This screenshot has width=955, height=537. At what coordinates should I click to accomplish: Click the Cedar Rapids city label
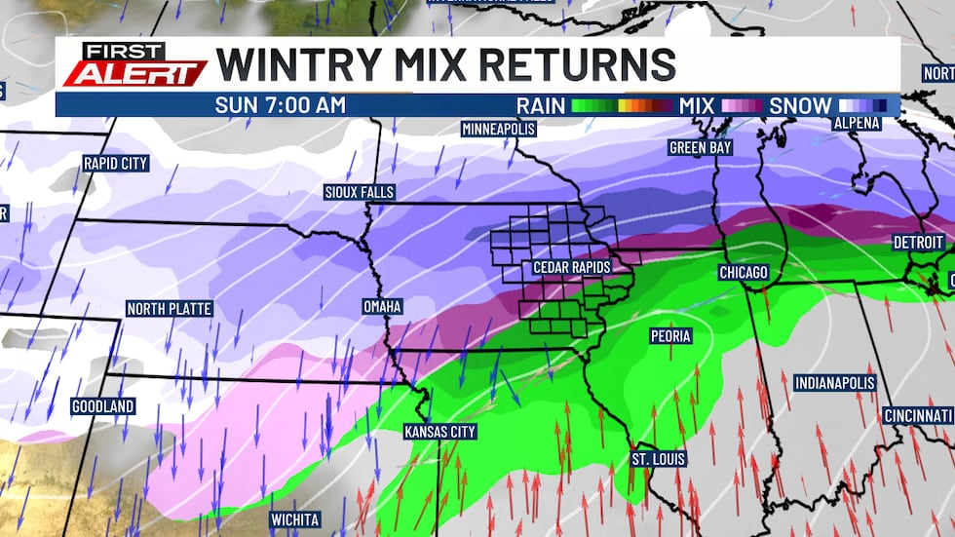pyautogui.click(x=571, y=267)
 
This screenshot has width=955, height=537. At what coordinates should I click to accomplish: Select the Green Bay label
pyautogui.click(x=700, y=148)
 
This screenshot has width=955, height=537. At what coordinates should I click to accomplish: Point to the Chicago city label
pyautogui.click(x=744, y=272)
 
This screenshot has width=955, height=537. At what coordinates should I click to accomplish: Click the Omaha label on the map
pyautogui.click(x=382, y=306)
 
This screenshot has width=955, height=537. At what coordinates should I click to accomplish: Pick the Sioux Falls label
pyautogui.click(x=359, y=192)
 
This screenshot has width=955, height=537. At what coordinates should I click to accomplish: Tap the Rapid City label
pyautogui.click(x=115, y=163)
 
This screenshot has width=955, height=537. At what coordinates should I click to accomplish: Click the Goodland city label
pyautogui.click(x=102, y=405)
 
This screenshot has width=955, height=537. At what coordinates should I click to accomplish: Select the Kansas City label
pyautogui.click(x=440, y=431)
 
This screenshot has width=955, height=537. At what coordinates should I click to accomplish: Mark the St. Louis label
pyautogui.click(x=658, y=458)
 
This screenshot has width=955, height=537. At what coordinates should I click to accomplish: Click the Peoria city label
pyautogui.click(x=670, y=336)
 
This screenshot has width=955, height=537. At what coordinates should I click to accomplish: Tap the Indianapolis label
pyautogui.click(x=834, y=383)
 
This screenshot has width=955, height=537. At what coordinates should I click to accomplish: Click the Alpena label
pyautogui.click(x=857, y=123)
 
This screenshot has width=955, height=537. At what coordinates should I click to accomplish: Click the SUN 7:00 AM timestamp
pyautogui.click(x=281, y=105)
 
